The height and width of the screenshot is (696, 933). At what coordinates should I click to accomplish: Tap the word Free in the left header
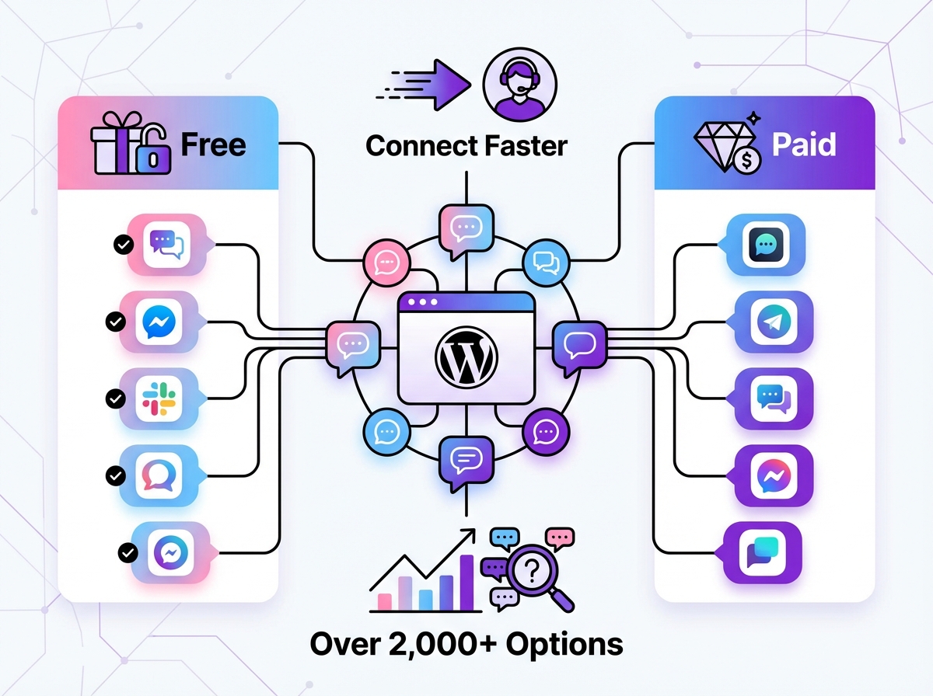[x=213, y=144]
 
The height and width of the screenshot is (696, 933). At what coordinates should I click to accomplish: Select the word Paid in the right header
[x=804, y=144]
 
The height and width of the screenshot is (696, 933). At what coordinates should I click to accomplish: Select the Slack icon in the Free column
[x=161, y=398]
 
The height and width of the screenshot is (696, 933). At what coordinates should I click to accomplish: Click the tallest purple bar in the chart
[x=466, y=582]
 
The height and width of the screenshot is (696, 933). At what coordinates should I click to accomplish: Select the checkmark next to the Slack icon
[x=116, y=399]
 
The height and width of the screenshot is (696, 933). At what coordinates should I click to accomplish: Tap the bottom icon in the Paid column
[x=765, y=553]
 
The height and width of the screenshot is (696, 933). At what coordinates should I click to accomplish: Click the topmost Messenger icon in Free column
[x=161, y=322]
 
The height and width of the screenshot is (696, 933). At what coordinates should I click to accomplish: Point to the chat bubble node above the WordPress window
[x=466, y=228]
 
